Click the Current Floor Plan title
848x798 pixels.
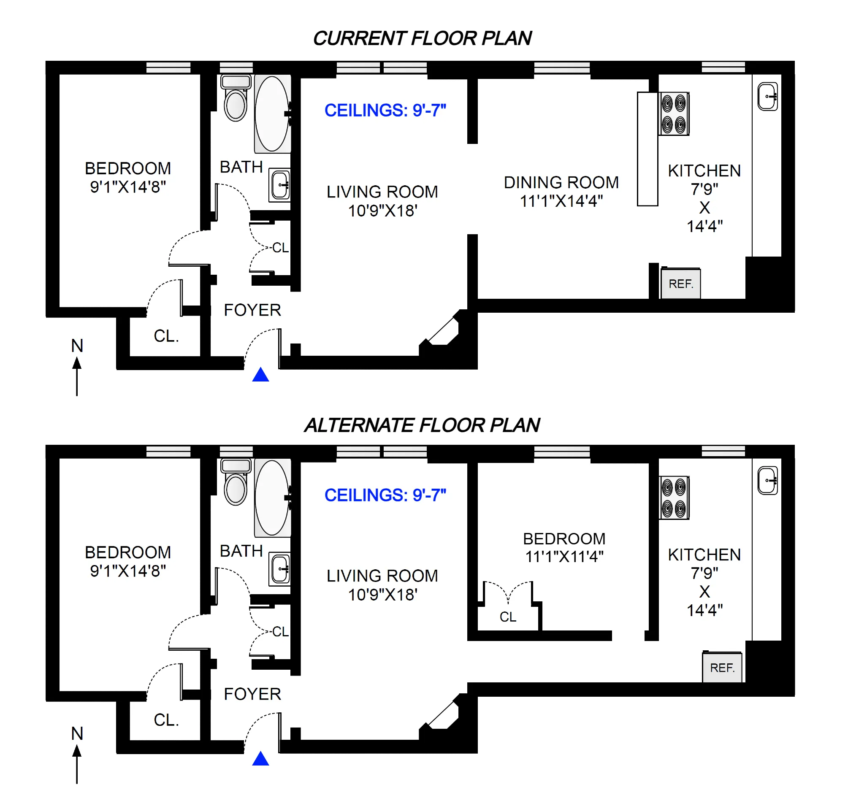[x=422, y=38]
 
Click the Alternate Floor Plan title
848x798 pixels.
[x=422, y=425]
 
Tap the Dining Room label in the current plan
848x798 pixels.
[x=561, y=183]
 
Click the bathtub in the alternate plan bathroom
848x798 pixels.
[x=272, y=497]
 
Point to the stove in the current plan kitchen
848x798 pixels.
[x=674, y=114]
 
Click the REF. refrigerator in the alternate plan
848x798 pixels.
[x=722, y=668]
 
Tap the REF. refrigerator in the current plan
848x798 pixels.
[x=680, y=284]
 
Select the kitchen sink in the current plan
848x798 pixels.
[x=767, y=97]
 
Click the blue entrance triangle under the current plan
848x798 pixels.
[x=260, y=375]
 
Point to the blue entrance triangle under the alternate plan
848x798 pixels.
[x=260, y=759]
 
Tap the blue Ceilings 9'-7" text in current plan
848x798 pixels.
[x=385, y=111]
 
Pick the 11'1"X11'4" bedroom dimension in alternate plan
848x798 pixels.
[x=564, y=557]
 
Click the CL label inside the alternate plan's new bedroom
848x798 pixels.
[x=508, y=617]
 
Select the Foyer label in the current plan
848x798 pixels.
[x=252, y=310]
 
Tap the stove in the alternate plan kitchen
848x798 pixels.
[x=674, y=498]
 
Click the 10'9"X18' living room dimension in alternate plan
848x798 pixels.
[x=382, y=595]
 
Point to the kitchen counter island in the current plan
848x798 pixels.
[x=647, y=149]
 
